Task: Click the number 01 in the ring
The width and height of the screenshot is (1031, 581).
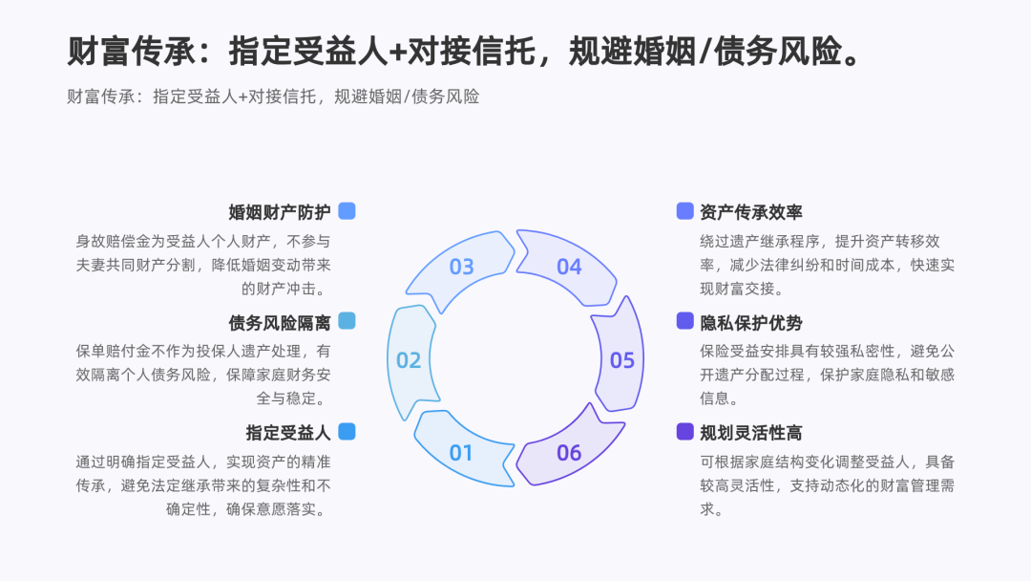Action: [x=461, y=452]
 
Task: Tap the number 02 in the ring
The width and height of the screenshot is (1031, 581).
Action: [x=409, y=360]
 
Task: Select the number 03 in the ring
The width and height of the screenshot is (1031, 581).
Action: [x=461, y=267]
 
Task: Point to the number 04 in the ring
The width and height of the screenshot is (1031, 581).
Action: [x=569, y=267]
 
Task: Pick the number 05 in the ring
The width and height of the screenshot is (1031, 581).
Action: [x=622, y=360]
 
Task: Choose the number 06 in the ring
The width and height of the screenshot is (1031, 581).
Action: [x=569, y=452]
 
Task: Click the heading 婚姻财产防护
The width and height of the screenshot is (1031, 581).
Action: [x=279, y=212]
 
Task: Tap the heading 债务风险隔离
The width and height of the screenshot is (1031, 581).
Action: [x=279, y=322]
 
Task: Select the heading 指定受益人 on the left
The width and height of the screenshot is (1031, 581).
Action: [x=287, y=432]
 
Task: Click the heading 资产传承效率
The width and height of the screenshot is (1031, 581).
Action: [x=750, y=212]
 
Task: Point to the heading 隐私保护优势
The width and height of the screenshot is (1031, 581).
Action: [x=750, y=322]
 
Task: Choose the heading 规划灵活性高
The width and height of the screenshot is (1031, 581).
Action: [x=750, y=432]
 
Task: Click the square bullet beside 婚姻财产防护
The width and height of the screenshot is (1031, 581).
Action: [x=347, y=211]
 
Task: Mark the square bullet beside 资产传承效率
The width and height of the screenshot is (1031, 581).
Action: [x=684, y=211]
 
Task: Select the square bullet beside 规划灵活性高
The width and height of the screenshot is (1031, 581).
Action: [x=684, y=431]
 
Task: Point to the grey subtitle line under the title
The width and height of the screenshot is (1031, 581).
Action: [x=273, y=97]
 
